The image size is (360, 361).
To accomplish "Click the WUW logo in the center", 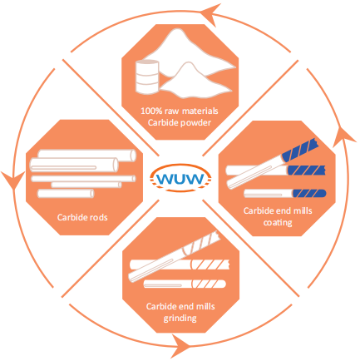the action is coord(180,178).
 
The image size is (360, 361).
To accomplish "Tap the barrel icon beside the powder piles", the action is coord(147,77).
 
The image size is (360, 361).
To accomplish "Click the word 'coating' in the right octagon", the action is coord(278,223).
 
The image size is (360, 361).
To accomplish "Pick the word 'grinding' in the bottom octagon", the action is coord(180,318).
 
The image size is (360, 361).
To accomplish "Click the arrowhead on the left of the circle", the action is coord(13,181).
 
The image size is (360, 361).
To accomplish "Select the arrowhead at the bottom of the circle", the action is coord(180,346).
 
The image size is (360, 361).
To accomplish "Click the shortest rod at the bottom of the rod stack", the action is coord(66,194).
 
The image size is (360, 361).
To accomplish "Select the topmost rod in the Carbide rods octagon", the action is coord(87,156).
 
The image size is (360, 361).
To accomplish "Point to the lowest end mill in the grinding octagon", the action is coord(185,284).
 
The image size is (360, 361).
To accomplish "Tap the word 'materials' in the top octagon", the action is coord(200,111).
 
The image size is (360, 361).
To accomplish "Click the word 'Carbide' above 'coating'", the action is coord(259,210).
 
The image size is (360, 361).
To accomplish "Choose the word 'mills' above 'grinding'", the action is coord(205,306).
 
